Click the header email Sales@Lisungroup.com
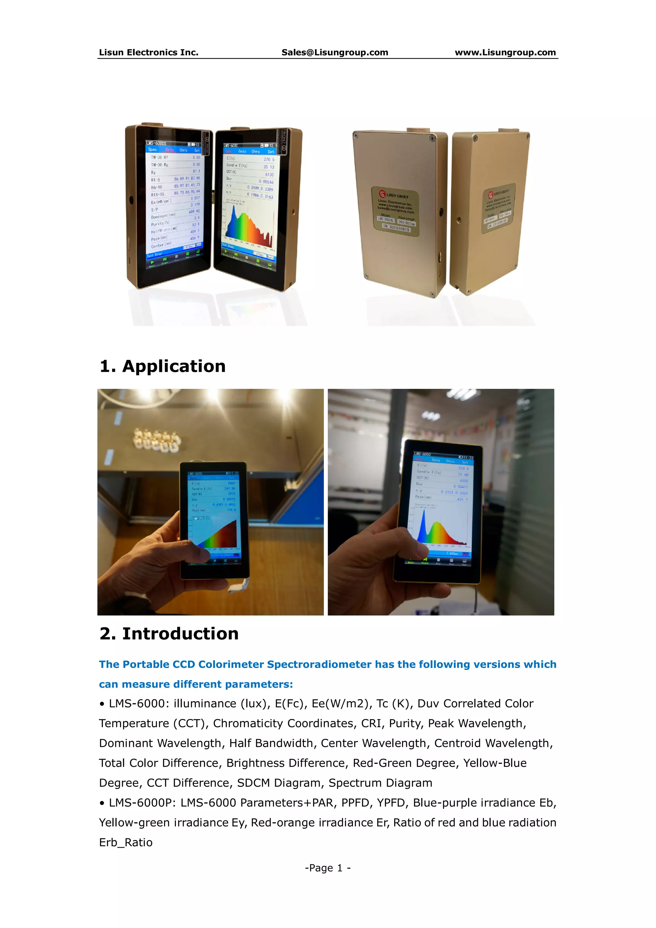334,53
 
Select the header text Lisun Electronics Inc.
149,53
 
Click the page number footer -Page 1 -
328,868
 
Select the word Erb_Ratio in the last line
126,842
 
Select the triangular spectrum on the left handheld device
220,534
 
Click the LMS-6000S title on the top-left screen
156,143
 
